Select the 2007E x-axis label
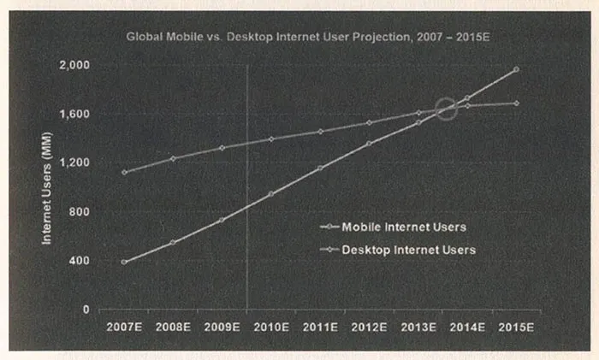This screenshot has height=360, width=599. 124,327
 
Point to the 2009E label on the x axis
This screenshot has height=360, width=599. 222,327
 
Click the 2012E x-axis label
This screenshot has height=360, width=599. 369,327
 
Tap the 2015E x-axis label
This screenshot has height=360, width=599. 516,327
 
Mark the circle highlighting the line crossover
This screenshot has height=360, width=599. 446,109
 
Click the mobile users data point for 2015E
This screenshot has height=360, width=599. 516,69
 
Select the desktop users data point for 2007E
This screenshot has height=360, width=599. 124,172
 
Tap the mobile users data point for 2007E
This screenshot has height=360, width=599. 124,262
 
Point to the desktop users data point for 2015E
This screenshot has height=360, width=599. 516,103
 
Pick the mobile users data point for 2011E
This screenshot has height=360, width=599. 320,168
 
